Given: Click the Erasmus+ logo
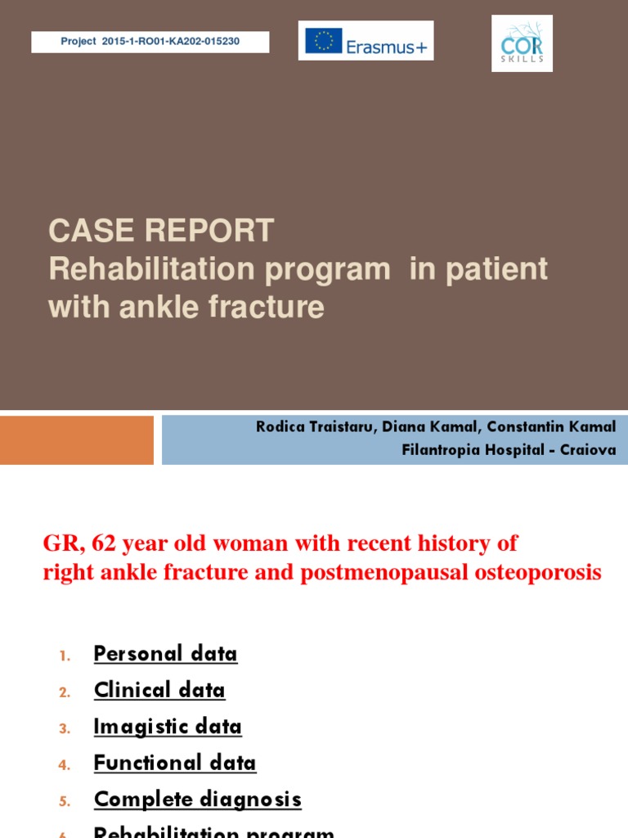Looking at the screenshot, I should click(366, 41).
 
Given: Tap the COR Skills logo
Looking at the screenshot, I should click(522, 43).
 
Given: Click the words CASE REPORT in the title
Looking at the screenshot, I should click(161, 232).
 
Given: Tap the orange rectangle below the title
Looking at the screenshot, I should click(77, 439).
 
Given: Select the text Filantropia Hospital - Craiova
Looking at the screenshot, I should click(509, 450).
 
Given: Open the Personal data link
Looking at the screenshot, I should click(165, 654).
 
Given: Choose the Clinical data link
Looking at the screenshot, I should click(159, 691).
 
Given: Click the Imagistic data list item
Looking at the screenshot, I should click(168, 727).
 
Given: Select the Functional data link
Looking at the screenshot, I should click(175, 764).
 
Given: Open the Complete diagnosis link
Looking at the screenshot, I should click(198, 800).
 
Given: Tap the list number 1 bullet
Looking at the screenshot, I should click(65, 656).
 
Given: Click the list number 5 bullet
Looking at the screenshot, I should click(65, 802).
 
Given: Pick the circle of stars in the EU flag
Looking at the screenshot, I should click(324, 41).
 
